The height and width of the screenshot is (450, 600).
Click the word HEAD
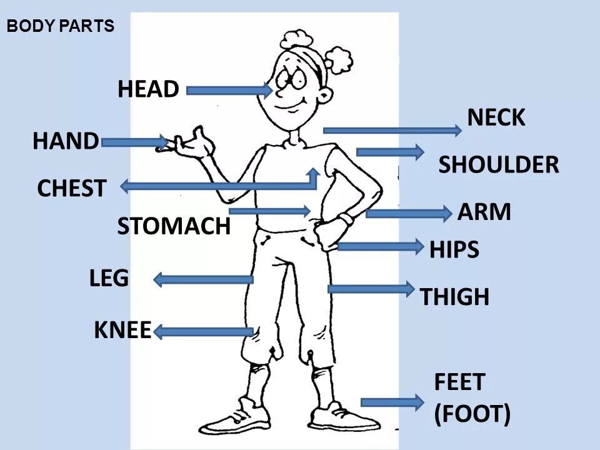coord(148,89)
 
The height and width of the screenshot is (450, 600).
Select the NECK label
coord(496,117)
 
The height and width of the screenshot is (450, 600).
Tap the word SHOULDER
coord(498,165)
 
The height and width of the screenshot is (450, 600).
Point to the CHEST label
coord(71,188)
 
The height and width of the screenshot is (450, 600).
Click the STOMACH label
coord(174,226)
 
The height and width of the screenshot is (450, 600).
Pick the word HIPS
coord(454,250)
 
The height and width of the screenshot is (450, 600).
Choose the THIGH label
coord(454,297)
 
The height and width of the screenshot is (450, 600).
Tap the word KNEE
coord(122,330)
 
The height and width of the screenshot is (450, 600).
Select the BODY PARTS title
coord(61,26)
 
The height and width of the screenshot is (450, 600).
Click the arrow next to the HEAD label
coord(229,91)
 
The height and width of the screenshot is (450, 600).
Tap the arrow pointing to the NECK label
coord(392,130)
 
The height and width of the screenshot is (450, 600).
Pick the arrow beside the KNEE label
coord(204,332)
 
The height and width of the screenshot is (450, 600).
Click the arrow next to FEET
coord(392,402)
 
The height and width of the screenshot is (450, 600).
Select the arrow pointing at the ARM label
coord(408,214)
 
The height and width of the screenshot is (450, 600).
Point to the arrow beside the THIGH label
coord(371,289)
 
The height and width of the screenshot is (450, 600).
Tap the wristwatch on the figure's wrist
coord(344,220)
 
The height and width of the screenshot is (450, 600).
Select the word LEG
coord(109,278)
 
